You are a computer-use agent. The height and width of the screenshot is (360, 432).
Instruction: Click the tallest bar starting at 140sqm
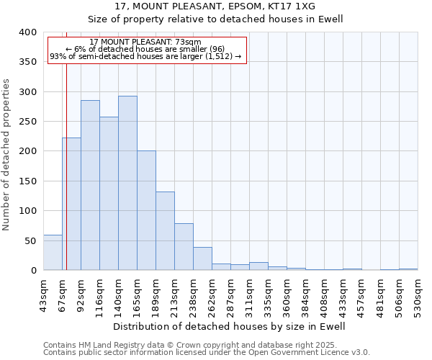tap(127, 183)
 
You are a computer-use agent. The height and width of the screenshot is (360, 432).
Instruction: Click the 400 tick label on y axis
tap(28, 32)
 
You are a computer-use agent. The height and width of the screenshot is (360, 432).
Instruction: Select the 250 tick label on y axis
tap(28, 122)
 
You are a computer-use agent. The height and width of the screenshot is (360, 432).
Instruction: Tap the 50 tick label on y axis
tap(31, 240)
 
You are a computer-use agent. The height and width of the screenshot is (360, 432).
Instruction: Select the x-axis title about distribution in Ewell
tap(230, 326)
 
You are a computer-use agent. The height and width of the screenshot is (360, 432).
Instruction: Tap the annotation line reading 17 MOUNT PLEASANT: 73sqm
tap(145, 42)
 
